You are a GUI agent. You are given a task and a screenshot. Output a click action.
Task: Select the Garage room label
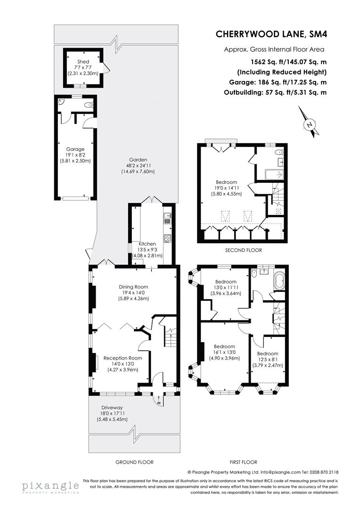coord(75,149)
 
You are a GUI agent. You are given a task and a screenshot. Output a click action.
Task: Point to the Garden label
coord(139,160)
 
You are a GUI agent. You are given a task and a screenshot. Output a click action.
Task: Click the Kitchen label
coord(147,244)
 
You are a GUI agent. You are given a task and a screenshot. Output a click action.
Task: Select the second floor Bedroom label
coord(227,182)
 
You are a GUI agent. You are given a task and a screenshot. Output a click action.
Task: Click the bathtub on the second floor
coord(272,174)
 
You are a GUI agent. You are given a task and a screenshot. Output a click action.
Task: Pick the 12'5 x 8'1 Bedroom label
coord(268,353)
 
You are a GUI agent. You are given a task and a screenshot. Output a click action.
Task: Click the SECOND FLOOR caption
coord(243,250)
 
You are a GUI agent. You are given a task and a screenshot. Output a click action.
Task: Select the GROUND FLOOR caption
coord(134,462)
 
